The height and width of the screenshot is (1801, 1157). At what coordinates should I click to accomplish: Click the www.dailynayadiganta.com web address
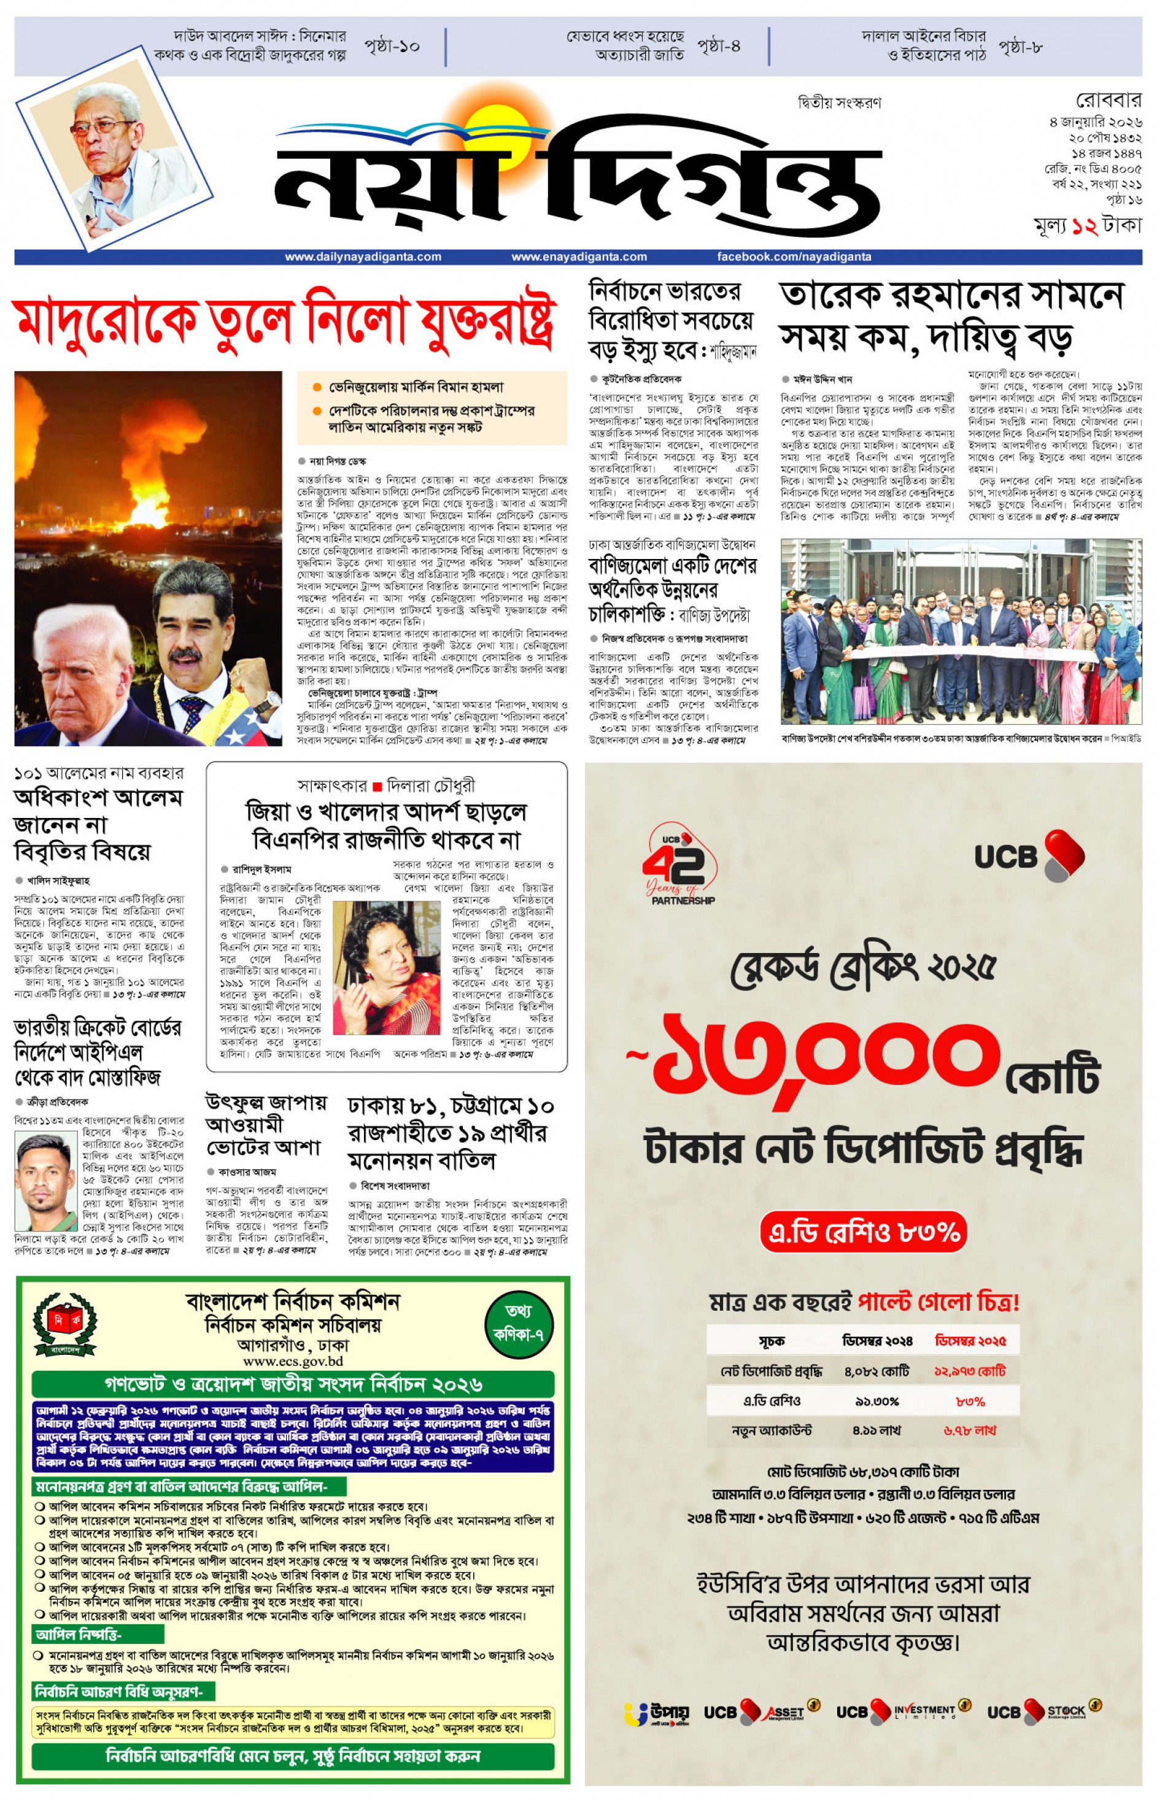[363, 257]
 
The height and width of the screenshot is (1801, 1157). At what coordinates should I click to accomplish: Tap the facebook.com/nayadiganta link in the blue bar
[794, 257]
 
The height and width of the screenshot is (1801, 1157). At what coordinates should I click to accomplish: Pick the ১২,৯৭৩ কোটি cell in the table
[970, 1371]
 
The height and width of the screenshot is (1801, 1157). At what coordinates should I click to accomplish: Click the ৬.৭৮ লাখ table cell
[970, 1431]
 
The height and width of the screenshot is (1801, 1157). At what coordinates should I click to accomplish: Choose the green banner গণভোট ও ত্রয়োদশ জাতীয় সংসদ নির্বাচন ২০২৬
[293, 1384]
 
